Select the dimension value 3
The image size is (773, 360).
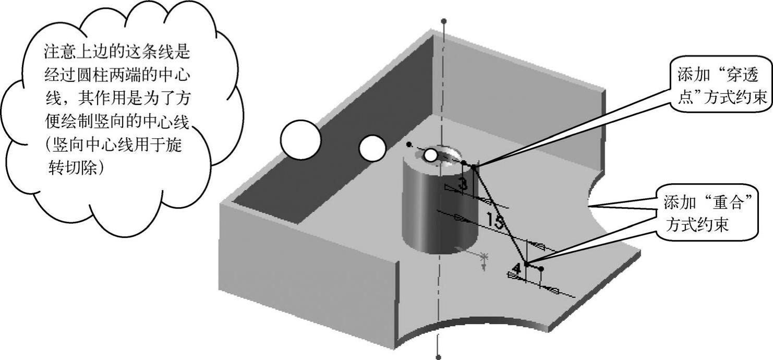(x=462, y=183)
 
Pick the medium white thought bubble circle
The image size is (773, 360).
(x=372, y=148)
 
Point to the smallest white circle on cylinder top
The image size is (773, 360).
(x=430, y=155)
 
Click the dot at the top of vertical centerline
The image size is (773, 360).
(x=443, y=21)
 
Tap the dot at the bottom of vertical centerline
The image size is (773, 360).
(x=438, y=357)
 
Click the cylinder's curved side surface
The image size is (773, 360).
(x=422, y=214)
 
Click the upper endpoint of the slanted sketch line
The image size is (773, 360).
(x=474, y=166)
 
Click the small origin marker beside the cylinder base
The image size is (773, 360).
(x=485, y=257)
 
